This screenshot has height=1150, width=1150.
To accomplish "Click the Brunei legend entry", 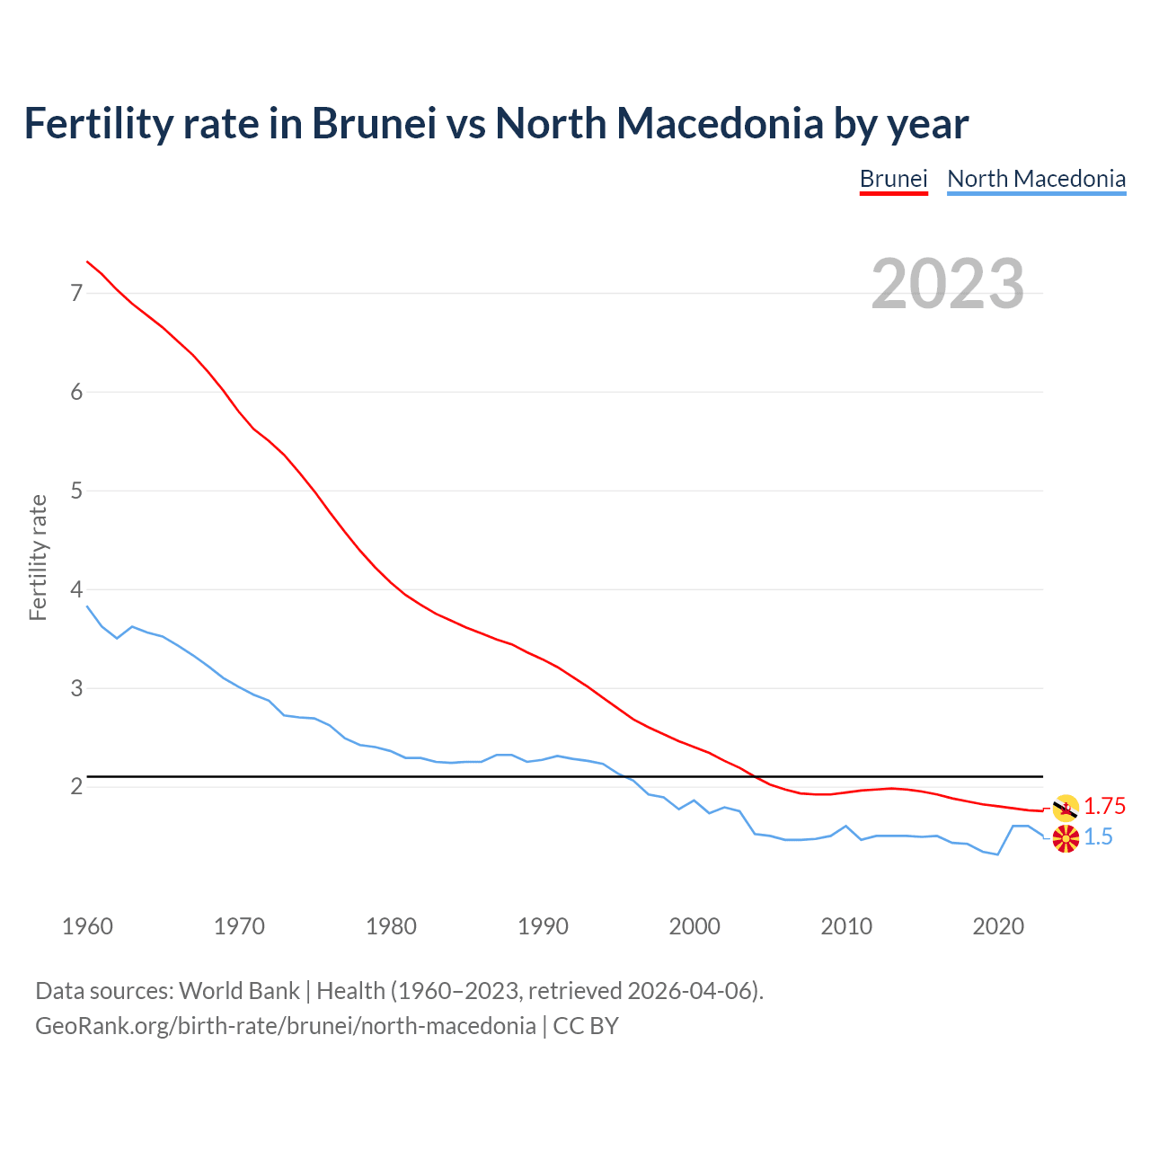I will tap(893, 179).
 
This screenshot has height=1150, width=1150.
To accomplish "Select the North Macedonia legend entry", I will tap(1036, 179).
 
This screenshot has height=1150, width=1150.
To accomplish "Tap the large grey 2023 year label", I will tap(948, 284).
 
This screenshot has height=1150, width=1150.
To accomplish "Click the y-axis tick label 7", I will tap(76, 293).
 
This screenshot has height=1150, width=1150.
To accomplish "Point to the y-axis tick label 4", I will tap(76, 589).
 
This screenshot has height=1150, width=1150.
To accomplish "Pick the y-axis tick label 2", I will tap(76, 787).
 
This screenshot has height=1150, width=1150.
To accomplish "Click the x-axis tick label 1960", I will tap(87, 926).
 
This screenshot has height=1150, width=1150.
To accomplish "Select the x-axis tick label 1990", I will tap(543, 926).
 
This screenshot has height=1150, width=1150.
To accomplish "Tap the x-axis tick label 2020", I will tap(998, 926).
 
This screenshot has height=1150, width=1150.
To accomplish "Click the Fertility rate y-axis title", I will tap(38, 557).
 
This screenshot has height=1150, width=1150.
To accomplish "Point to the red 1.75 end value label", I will tap(1104, 807).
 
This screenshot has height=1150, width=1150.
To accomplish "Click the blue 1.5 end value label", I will tap(1098, 837).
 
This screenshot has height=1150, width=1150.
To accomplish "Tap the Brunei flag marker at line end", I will tap(1066, 809).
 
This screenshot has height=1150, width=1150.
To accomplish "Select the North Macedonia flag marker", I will tap(1066, 840).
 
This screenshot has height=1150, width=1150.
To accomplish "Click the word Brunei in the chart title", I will tap(374, 123).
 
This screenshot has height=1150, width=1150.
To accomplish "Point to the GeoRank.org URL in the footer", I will tap(285, 1026).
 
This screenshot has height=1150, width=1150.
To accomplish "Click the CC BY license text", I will tap(586, 1026).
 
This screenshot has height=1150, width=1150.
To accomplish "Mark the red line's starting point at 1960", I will tap(87, 261).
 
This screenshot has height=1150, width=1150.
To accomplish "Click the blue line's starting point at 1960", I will tap(87, 606).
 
